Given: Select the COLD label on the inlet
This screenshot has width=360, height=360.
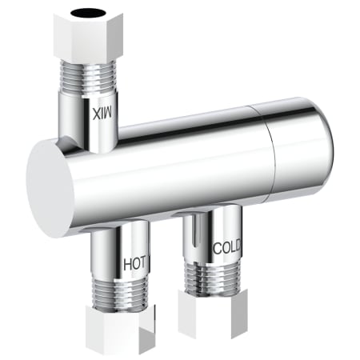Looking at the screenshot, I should (x=227, y=248).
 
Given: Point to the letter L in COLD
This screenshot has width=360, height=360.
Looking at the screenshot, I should (x=232, y=248).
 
